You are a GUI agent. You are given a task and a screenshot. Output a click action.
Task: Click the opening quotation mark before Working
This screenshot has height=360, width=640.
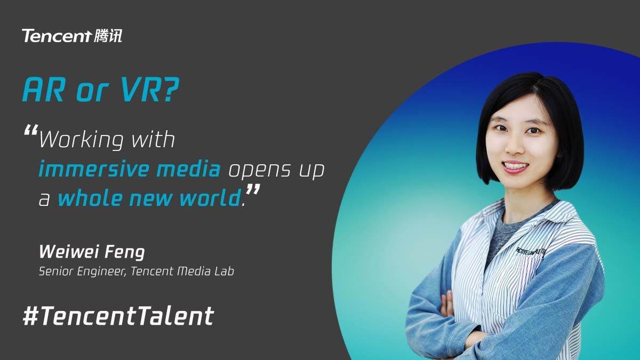(x=31, y=130)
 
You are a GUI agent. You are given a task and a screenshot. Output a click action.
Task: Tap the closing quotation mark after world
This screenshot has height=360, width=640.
(x=253, y=190)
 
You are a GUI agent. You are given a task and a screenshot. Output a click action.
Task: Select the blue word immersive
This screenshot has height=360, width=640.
(x=94, y=169)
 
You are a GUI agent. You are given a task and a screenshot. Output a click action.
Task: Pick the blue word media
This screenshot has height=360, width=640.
(x=189, y=169)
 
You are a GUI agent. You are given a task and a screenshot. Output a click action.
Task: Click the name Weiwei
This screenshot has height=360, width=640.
(x=69, y=252)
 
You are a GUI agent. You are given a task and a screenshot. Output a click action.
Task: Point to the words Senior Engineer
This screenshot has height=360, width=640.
(x=82, y=271)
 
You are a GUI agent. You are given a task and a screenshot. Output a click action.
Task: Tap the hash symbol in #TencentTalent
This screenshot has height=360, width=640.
(x=30, y=316)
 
